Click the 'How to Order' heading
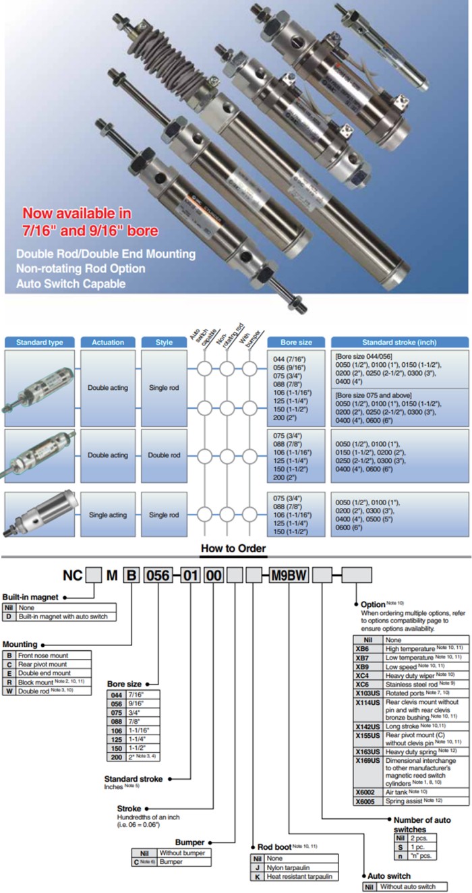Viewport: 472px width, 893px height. click(233, 548)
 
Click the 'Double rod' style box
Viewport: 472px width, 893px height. click(165, 455)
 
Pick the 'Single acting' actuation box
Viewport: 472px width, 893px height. click(108, 515)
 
